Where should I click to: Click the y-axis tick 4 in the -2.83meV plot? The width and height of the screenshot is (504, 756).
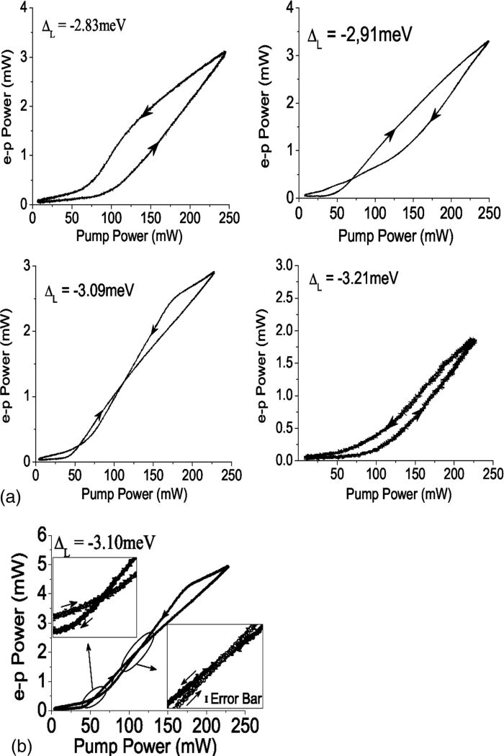point(24,9)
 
